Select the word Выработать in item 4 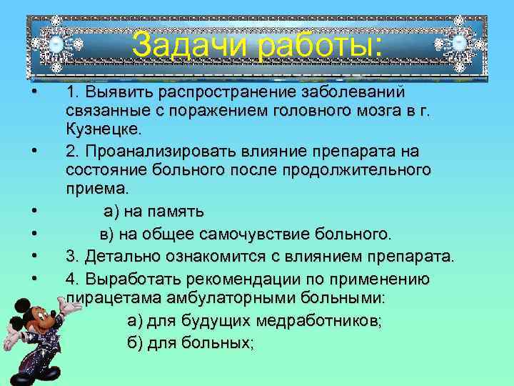coord(128,277)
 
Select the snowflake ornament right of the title coord(459,44)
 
